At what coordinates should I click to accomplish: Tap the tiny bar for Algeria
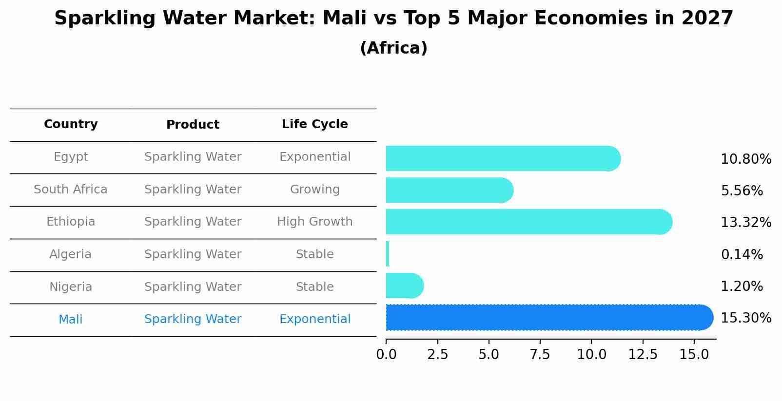coord(388,254)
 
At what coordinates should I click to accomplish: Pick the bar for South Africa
coord(449,190)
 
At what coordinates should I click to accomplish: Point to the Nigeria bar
coord(404,286)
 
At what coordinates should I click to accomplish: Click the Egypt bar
coord(502,158)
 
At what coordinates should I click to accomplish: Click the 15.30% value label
coord(745,318)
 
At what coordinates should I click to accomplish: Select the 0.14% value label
coord(742,254)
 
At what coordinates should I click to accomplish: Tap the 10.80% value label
coord(745,159)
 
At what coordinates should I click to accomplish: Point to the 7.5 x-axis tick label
coord(540,355)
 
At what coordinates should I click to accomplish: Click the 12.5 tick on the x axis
coord(643,355)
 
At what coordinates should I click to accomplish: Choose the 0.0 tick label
coord(386,355)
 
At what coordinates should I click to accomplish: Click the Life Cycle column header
coord(314,124)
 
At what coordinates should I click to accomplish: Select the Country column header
coord(71,124)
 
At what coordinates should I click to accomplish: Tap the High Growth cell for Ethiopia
coord(314,222)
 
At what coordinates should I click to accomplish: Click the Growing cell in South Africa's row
coord(314,190)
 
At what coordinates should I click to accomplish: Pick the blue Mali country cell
coord(71,320)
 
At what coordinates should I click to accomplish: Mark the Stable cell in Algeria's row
coord(314,254)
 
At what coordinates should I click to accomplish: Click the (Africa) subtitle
coord(393,48)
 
